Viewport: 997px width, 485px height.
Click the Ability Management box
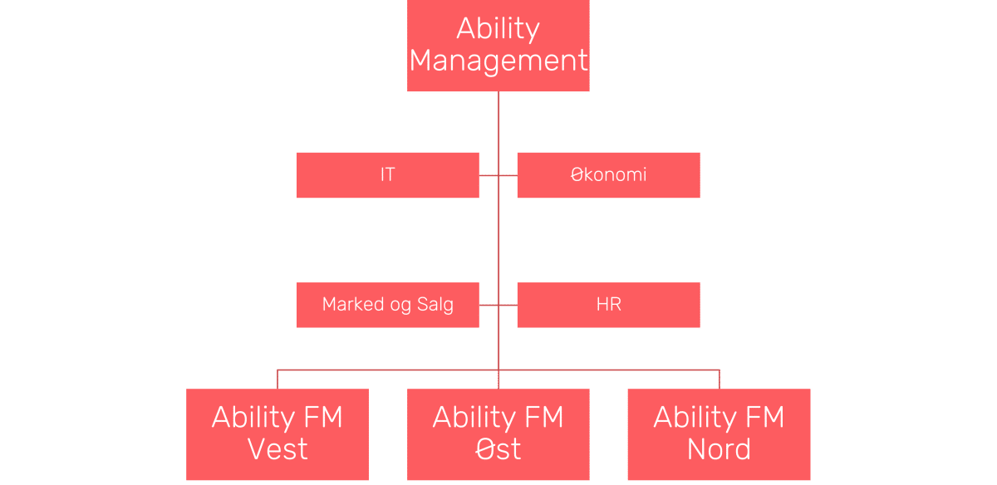click(x=498, y=46)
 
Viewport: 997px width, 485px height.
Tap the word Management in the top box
click(x=498, y=61)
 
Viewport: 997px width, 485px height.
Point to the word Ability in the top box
click(x=498, y=28)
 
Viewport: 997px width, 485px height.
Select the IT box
click(x=387, y=175)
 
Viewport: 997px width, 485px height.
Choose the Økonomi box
click(x=608, y=175)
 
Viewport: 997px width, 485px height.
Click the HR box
click(x=608, y=305)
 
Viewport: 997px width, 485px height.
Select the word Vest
click(x=277, y=449)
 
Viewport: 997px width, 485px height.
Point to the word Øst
click(x=498, y=449)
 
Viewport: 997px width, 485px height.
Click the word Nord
click(x=719, y=449)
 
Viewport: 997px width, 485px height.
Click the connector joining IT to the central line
click(x=488, y=175)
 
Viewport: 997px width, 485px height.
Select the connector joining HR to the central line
click(x=508, y=305)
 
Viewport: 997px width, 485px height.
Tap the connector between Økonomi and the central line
click(x=508, y=175)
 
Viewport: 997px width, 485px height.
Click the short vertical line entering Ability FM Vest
click(x=277, y=379)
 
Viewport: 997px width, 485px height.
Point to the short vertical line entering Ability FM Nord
click(x=719, y=379)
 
